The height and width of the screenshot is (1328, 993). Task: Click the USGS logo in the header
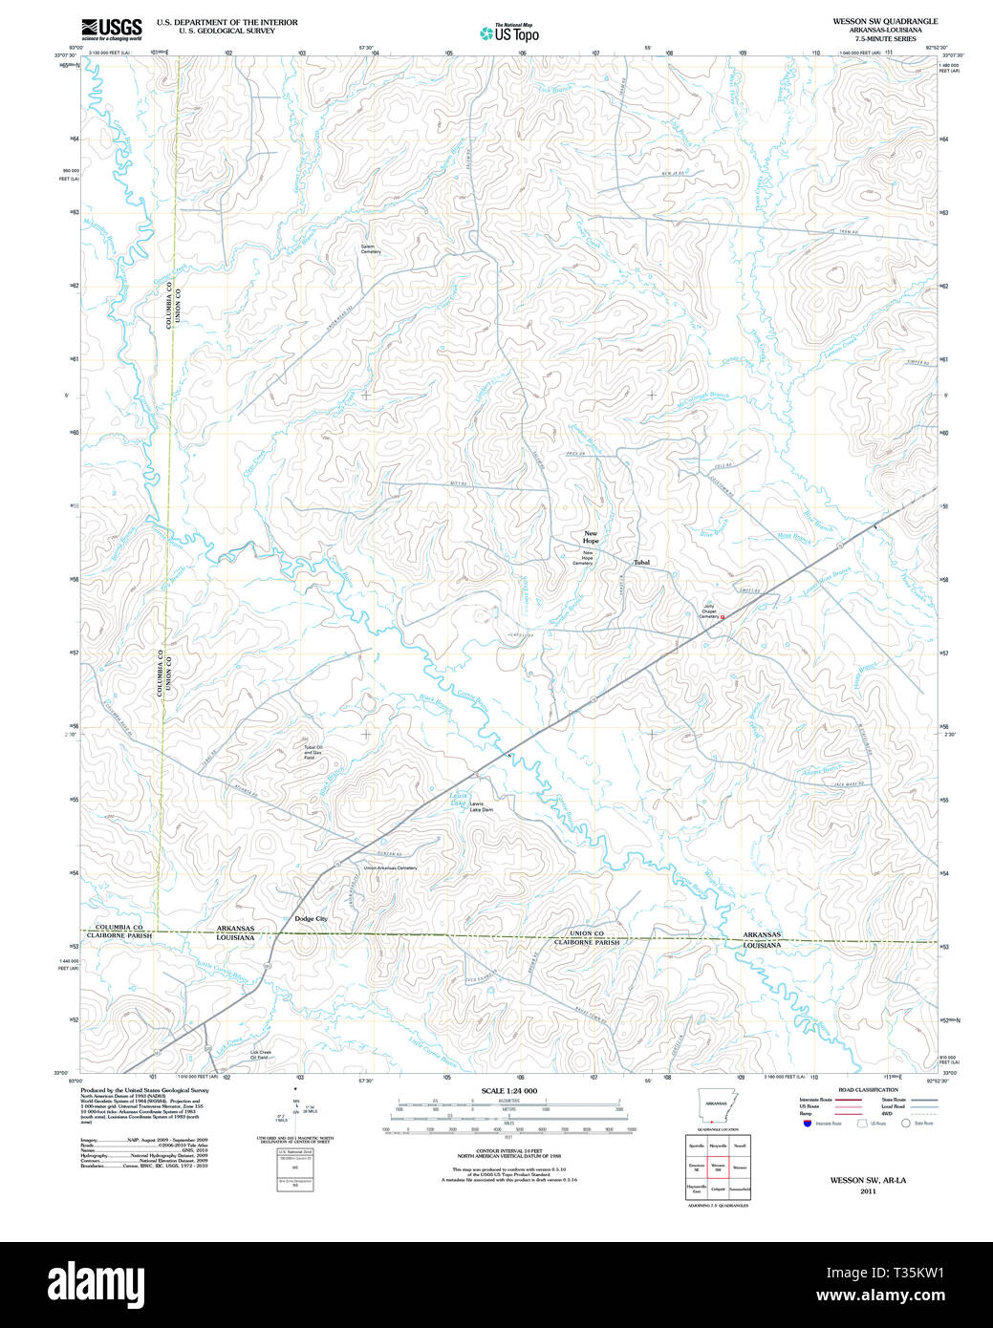pos(111,28)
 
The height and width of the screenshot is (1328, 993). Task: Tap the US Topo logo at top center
pos(509,33)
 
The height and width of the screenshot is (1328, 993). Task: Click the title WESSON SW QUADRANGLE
pos(885,21)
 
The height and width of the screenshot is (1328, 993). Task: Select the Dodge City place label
pos(311,919)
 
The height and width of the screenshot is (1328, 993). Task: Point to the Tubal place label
pos(641,563)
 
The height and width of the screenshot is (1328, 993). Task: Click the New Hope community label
pos(591,537)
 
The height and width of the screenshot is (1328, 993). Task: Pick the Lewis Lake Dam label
pos(481,809)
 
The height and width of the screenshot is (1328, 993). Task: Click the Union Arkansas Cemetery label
pos(390,867)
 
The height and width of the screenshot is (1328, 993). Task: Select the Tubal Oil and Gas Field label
pos(313,754)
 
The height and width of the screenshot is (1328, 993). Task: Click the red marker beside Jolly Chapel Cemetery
pos(723,617)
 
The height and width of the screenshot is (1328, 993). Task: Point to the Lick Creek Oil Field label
pos(260,1055)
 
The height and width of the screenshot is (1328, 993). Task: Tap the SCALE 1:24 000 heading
pos(508,1091)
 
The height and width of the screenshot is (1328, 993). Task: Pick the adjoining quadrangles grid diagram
pos(717,1167)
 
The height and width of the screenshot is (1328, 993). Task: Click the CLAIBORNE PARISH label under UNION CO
pos(587,942)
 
